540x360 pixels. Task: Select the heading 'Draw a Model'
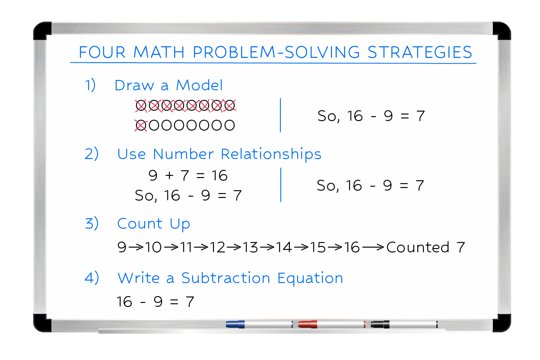coord(169,85)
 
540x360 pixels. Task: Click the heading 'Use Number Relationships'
coord(219,154)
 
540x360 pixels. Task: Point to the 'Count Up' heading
coord(153,224)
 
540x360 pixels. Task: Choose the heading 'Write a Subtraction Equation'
coord(230,278)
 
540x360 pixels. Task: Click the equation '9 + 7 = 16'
coord(187,175)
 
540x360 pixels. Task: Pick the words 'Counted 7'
coord(426,247)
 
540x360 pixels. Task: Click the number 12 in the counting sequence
coord(218,248)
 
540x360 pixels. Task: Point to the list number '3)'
coord(92,224)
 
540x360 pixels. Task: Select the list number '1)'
coord(90,85)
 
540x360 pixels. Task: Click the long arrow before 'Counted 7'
coord(373,248)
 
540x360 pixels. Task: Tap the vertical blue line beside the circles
coord(280,115)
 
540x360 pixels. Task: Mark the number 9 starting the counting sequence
coord(122,248)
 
